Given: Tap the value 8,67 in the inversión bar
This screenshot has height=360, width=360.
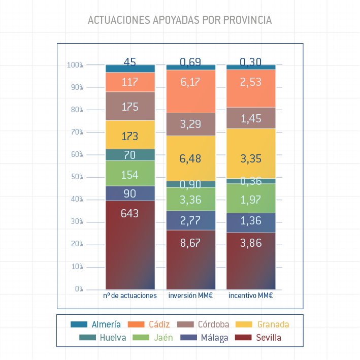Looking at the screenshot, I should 191,243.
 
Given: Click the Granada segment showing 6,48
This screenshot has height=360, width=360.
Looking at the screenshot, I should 191,158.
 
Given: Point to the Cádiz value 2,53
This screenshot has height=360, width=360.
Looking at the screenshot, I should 251,82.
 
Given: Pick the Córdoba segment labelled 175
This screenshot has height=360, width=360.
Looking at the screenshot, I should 130,107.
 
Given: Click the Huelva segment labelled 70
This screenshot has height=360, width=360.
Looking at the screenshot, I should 130,155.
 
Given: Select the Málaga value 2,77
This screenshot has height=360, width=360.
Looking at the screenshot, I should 191,220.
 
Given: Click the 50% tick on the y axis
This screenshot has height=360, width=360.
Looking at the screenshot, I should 77,177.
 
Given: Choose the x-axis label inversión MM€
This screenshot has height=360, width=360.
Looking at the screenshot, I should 191,296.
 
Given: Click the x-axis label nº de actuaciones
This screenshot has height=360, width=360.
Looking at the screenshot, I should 130,296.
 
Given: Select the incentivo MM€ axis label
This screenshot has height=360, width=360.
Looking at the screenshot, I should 251,296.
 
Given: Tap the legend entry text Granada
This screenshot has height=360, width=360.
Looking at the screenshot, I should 273,324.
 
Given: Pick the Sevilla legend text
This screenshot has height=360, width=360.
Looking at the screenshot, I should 269,337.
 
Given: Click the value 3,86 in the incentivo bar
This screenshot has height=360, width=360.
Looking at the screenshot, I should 251,243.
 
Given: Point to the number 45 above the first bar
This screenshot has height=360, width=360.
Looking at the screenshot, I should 130,62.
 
